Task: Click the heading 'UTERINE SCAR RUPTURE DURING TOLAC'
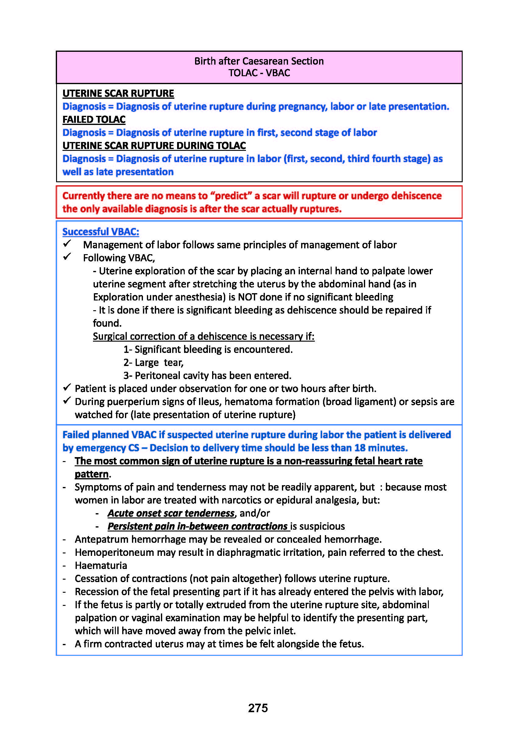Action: tap(154, 146)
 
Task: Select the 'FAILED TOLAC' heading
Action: tap(94, 119)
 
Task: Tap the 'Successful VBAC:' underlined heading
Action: tap(101, 232)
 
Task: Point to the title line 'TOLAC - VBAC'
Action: tap(259, 73)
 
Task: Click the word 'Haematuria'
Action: tap(101, 565)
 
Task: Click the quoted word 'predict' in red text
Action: tap(232, 196)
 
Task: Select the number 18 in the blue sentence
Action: tap(359, 448)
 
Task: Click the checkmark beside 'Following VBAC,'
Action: tap(67, 257)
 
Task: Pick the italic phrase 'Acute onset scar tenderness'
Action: tap(171, 513)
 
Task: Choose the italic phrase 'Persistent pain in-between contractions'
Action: tap(198, 526)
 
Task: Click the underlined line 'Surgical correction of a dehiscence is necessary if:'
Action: tap(204, 336)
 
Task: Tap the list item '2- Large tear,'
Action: tap(153, 362)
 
